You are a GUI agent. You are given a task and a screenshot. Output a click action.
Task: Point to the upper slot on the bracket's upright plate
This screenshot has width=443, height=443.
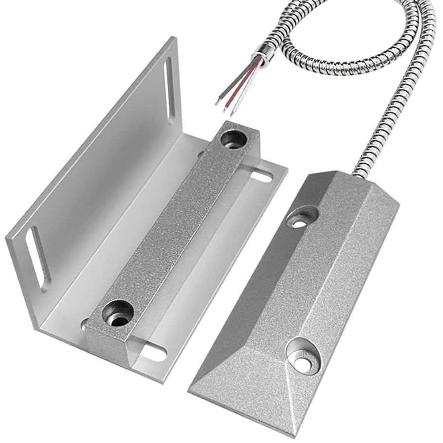pyautogui.click(x=170, y=90)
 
